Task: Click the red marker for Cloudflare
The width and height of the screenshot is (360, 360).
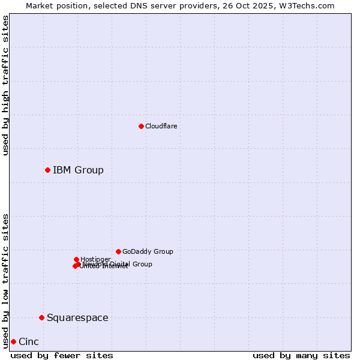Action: click(x=141, y=126)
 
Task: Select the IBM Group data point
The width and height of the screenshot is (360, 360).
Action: click(x=47, y=170)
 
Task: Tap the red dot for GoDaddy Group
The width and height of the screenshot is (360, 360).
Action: click(x=118, y=251)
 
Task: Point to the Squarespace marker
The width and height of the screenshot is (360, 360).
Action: click(x=41, y=317)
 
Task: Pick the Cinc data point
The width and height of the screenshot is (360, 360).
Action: click(x=13, y=341)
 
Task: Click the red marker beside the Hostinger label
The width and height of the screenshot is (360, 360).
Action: click(x=76, y=259)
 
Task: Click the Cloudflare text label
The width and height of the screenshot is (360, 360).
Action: click(x=161, y=126)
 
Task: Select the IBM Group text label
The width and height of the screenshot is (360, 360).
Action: click(x=78, y=170)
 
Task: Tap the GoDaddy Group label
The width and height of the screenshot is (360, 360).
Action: click(x=148, y=252)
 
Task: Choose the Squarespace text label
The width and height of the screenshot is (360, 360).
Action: click(x=77, y=318)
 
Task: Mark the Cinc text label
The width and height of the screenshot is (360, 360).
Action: click(x=29, y=342)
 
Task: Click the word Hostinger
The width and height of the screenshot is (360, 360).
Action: click(x=95, y=260)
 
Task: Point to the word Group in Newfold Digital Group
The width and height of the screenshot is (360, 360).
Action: click(x=142, y=264)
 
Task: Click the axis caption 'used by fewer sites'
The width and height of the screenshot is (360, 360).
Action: click(x=62, y=355)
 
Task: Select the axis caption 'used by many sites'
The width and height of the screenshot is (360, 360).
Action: click(x=301, y=355)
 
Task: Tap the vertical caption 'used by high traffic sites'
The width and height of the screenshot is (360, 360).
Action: click(x=6, y=85)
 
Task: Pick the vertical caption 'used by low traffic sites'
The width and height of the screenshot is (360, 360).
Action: click(x=6, y=280)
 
